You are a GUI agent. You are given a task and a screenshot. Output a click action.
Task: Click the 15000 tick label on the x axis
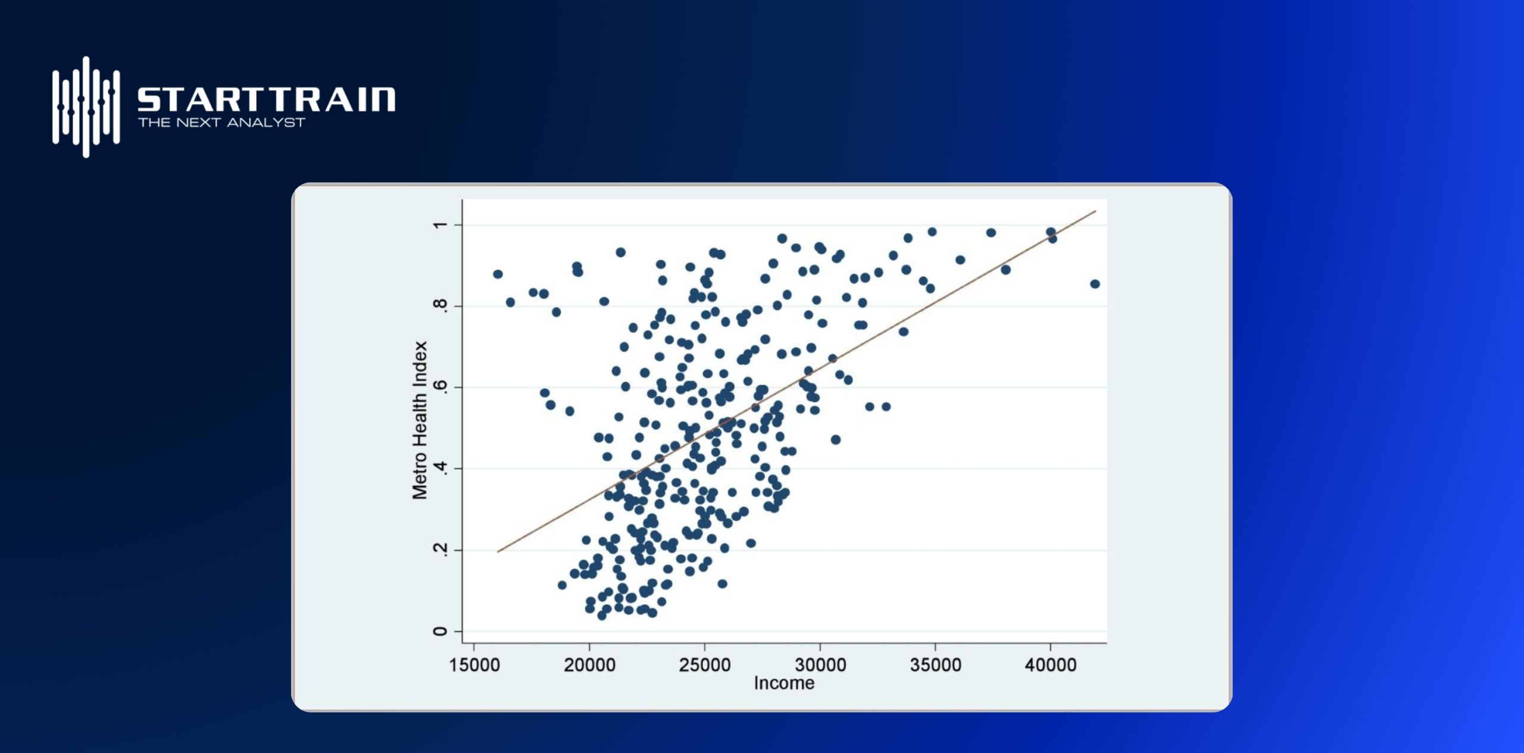[x=474, y=665]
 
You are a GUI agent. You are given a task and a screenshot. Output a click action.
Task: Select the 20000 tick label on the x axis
[x=589, y=665]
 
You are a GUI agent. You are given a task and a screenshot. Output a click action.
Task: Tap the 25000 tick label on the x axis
[x=705, y=665]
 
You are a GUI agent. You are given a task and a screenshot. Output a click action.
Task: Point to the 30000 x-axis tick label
[x=820, y=665]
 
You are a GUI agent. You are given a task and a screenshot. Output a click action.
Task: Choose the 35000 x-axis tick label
[x=935, y=665]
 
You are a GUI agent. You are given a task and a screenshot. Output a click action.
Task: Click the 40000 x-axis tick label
[x=1051, y=665]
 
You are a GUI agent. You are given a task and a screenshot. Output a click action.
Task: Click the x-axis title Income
[x=784, y=683]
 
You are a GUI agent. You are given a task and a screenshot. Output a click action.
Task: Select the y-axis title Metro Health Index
[x=420, y=420]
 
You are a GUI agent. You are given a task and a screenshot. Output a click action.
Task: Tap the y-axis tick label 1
[x=441, y=225]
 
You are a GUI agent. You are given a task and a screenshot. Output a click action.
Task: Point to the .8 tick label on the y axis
[x=441, y=305]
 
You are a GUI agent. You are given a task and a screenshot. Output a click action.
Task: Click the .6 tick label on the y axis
[x=441, y=387]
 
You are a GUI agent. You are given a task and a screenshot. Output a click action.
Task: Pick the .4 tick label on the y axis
[x=441, y=468]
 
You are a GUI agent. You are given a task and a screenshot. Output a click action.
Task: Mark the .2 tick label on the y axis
[x=441, y=549]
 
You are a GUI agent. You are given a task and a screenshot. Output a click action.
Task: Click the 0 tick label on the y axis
[x=441, y=632]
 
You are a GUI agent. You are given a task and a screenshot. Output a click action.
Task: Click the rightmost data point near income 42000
[x=1095, y=284]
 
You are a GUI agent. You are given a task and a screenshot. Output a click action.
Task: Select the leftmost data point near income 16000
[x=498, y=274]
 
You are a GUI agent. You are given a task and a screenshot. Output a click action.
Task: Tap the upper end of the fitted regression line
[x=1095, y=211]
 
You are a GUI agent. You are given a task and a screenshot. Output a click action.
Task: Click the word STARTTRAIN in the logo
[x=266, y=99]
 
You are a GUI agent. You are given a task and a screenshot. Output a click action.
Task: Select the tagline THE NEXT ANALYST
[x=221, y=123]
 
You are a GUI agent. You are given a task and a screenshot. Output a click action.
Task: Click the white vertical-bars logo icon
[x=86, y=107]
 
